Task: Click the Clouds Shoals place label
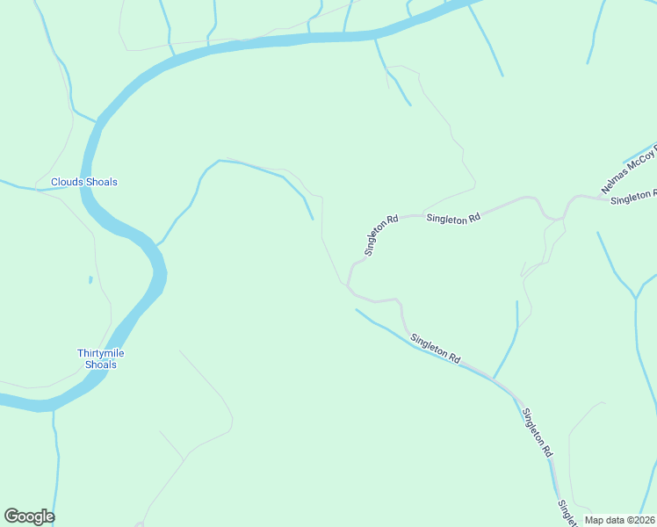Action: [x=83, y=183]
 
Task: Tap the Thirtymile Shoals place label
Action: [x=101, y=358]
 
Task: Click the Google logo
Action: [x=29, y=516]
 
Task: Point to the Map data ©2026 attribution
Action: [x=620, y=520]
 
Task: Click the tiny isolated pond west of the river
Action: [x=90, y=280]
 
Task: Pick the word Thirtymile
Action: [x=101, y=353]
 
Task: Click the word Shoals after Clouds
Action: [x=102, y=183]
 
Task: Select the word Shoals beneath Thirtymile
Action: [x=101, y=365]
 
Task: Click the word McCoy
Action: [x=642, y=160]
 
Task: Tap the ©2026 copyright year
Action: [x=639, y=520]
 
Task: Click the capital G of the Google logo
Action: [x=11, y=516]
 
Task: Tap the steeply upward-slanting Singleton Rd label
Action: [x=381, y=235]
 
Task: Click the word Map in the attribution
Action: [x=595, y=520]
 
